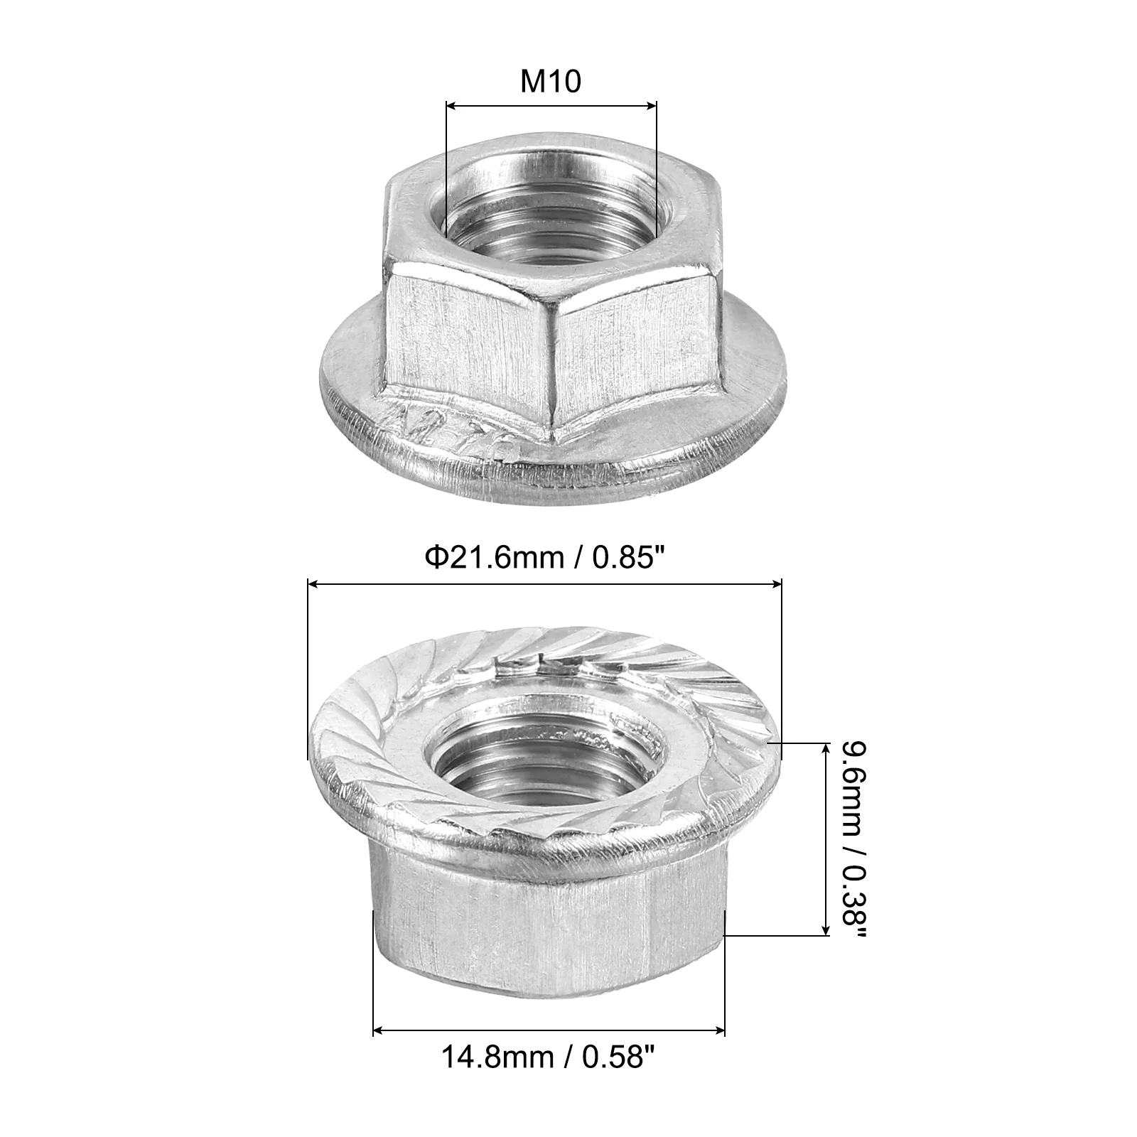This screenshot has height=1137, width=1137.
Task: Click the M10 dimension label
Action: tap(551, 82)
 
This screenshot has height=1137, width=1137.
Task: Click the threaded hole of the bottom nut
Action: tap(550, 765)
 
